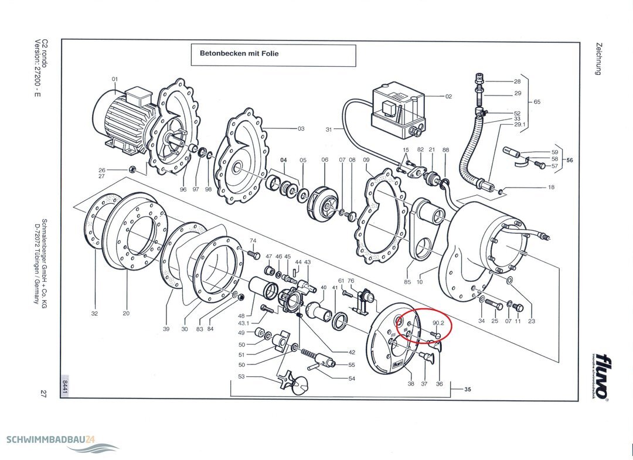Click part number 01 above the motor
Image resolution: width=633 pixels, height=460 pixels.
[x=115, y=79]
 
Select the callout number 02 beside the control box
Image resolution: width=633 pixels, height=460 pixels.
[x=448, y=96]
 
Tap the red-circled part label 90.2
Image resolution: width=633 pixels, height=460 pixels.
[x=438, y=323]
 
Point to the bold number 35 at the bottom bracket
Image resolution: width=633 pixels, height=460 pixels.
[x=468, y=389]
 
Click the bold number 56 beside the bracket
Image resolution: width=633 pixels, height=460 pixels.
[x=569, y=159]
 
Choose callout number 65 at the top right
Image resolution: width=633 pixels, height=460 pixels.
[x=537, y=102]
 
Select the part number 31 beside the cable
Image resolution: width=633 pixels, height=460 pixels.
[x=329, y=129]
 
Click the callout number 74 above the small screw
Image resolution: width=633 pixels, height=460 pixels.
[x=253, y=241]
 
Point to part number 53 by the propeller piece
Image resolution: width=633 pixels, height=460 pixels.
[x=241, y=377]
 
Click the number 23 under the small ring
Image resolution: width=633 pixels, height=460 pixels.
[x=532, y=321]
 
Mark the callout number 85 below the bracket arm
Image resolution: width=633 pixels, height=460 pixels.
[x=407, y=282]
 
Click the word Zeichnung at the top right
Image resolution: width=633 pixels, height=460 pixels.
[x=599, y=59]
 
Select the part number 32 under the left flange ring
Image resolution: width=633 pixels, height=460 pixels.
[x=94, y=313]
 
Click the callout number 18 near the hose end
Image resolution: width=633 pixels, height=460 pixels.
[x=550, y=188]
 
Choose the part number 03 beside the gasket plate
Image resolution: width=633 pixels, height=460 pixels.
[x=301, y=128]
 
